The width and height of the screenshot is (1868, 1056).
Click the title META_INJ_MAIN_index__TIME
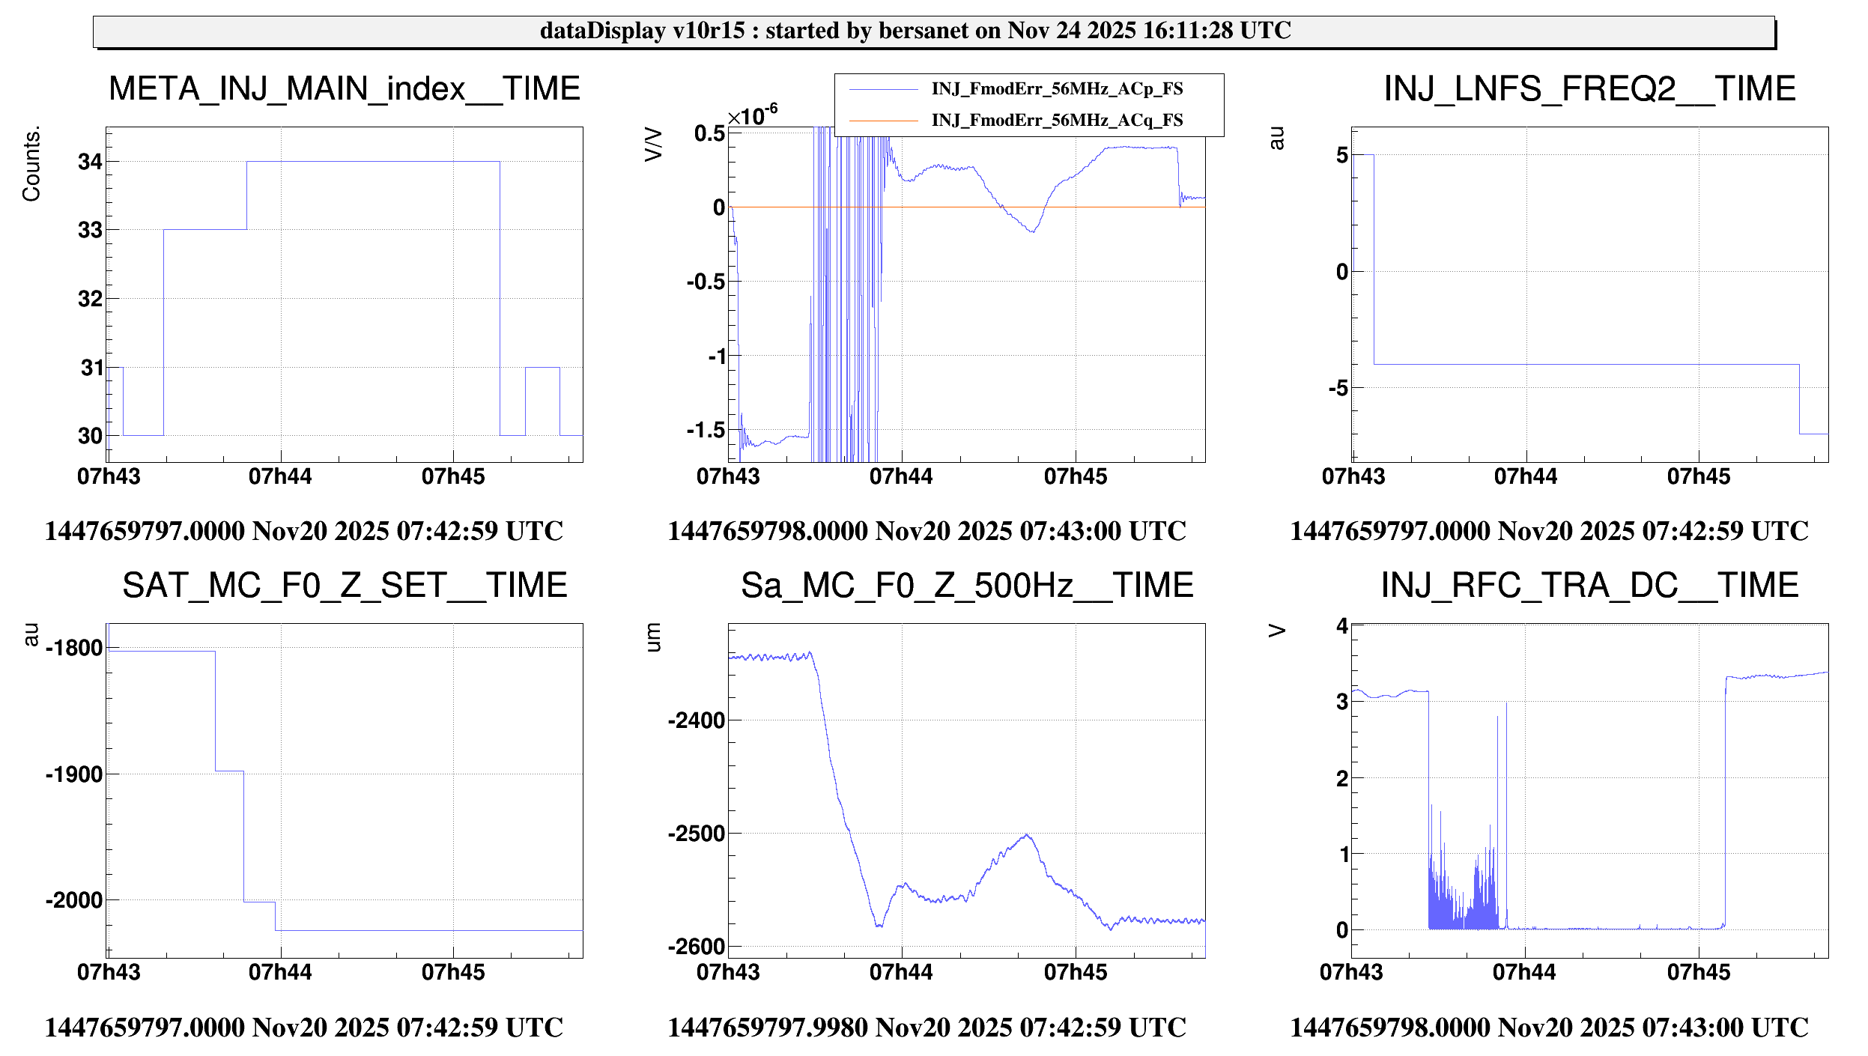click(345, 89)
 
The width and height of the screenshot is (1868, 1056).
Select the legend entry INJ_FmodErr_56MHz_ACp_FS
click(1056, 89)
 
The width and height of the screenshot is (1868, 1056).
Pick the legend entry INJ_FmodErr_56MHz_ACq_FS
click(1056, 121)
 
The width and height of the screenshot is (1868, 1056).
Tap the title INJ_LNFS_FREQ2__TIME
click(1589, 89)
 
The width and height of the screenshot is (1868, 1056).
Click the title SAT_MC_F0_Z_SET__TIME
click(345, 586)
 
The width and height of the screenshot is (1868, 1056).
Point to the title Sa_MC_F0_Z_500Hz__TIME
click(967, 586)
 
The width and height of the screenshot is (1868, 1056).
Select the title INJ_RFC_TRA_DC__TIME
click(1589, 586)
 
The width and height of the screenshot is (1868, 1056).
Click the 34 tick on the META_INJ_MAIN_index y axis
click(90, 162)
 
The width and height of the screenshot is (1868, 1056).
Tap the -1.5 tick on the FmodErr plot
click(706, 431)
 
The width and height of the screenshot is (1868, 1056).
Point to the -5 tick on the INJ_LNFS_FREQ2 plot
click(1338, 389)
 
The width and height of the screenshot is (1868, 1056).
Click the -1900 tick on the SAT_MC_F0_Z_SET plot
click(74, 774)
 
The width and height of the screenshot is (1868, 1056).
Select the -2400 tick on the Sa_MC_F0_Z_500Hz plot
click(697, 720)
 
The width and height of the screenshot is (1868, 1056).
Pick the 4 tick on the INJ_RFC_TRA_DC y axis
click(1341, 626)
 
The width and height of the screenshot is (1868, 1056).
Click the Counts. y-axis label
click(31, 164)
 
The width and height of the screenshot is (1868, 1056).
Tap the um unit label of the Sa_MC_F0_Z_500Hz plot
click(654, 637)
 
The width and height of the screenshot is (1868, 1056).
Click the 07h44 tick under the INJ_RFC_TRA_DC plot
click(1524, 972)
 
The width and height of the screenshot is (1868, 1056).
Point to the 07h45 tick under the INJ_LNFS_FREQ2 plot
click(1698, 477)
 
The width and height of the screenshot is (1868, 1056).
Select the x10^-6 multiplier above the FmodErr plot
click(753, 116)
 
